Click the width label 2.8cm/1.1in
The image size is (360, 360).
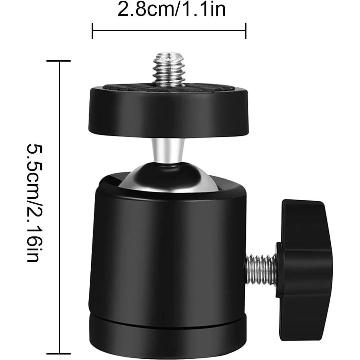click(x=171, y=10)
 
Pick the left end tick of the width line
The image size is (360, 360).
click(x=93, y=31)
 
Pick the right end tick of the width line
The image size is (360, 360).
click(x=246, y=31)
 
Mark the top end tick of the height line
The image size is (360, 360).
click(x=59, y=61)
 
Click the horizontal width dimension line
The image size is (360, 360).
click(x=169, y=31)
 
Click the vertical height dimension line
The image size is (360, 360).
click(x=59, y=206)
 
